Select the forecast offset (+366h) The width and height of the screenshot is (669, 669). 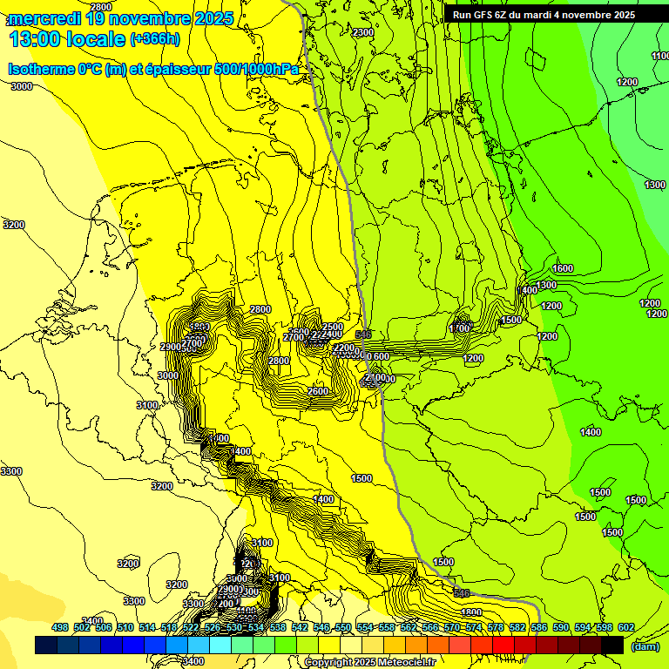pyautogui.click(x=155, y=39)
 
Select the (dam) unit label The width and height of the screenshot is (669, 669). pyautogui.click(x=645, y=647)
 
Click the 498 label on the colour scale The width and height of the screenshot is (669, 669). pyautogui.click(x=60, y=627)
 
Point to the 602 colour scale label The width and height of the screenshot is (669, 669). pyautogui.click(x=626, y=627)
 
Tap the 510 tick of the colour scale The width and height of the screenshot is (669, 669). pyautogui.click(x=125, y=627)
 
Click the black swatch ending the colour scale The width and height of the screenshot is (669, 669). pyautogui.click(x=612, y=645)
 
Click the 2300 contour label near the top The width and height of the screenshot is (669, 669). pyautogui.click(x=363, y=32)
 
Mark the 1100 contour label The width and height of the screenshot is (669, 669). pyautogui.click(x=661, y=56)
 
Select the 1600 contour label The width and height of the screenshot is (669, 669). pyautogui.click(x=563, y=268)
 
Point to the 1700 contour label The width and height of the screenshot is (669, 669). pyautogui.click(x=460, y=328)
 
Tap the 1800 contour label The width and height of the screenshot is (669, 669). pyautogui.click(x=471, y=612)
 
